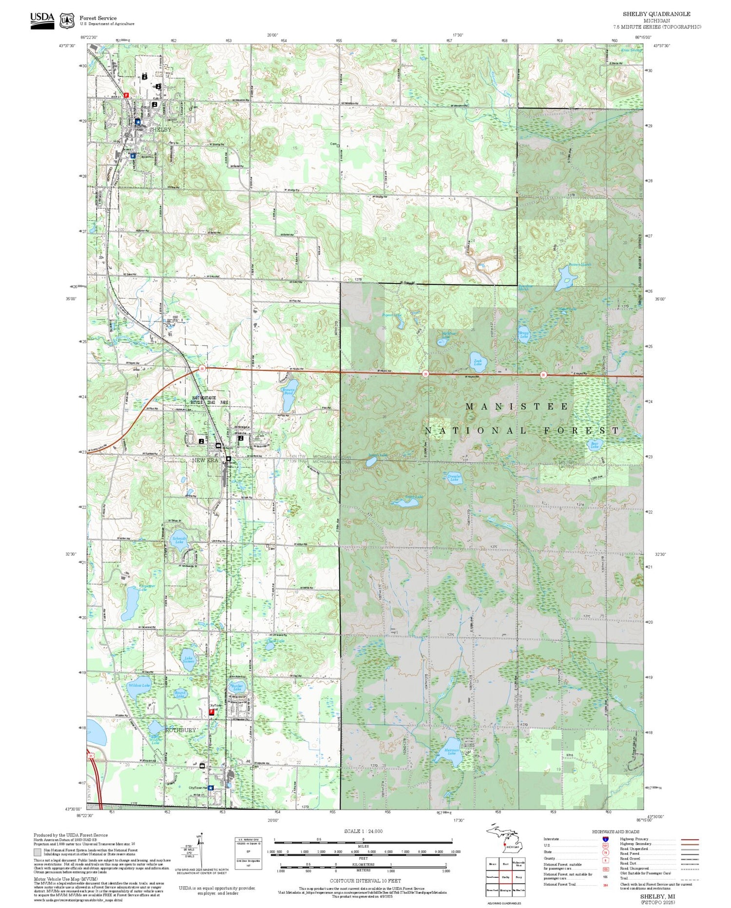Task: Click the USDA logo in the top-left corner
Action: point(42,20)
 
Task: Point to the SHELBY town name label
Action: point(160,130)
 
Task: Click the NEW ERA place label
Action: point(205,460)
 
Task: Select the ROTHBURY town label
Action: point(181,730)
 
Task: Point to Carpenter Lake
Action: point(131,602)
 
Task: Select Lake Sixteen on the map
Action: point(188,658)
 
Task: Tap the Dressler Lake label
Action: point(454,477)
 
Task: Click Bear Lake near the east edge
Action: point(595,445)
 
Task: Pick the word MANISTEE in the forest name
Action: point(517,406)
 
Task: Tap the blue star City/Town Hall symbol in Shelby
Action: point(138,121)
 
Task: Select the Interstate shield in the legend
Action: point(605,839)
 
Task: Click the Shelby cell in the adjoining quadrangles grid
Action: point(505,876)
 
